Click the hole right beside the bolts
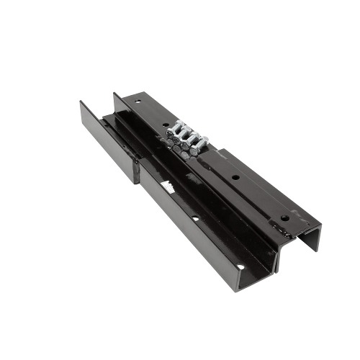pyautogui.click(x=167, y=123)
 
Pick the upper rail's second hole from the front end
pyautogui.click(x=235, y=177)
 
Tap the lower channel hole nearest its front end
pyautogui.click(x=237, y=267)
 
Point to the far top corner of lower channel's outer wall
pyautogui.click(x=81, y=102)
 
